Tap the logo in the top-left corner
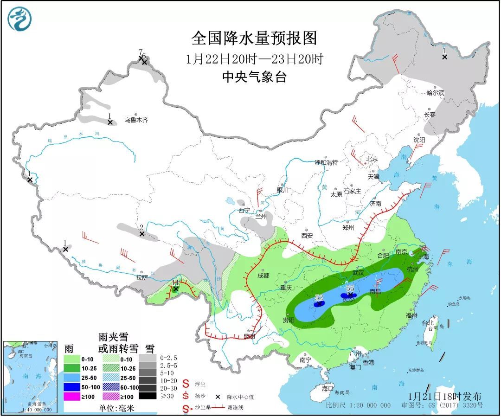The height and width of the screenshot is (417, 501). [19, 19]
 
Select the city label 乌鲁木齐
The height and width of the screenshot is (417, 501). [136, 120]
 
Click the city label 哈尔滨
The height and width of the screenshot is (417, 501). [435, 93]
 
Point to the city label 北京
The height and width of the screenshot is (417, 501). [372, 159]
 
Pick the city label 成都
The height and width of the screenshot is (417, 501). [263, 275]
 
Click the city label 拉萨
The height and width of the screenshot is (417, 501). [141, 277]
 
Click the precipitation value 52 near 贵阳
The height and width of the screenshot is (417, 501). [319, 298]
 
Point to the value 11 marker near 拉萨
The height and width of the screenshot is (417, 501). [175, 282]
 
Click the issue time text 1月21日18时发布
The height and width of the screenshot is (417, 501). [445, 397]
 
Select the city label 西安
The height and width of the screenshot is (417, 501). [307, 235]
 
